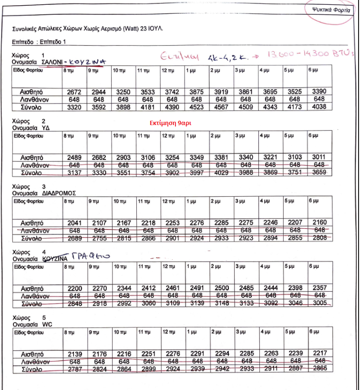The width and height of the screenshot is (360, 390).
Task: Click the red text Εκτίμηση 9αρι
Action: pyautogui.click(x=170, y=123)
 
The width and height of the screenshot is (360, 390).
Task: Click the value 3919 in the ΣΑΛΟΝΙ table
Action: pyautogui.click(x=219, y=91)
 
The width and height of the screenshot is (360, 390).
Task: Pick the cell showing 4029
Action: pyautogui.click(x=219, y=172)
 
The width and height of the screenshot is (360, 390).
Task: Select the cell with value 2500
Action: pyautogui.click(x=219, y=288)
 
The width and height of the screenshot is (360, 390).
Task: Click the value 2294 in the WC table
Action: pyautogui.click(x=219, y=354)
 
